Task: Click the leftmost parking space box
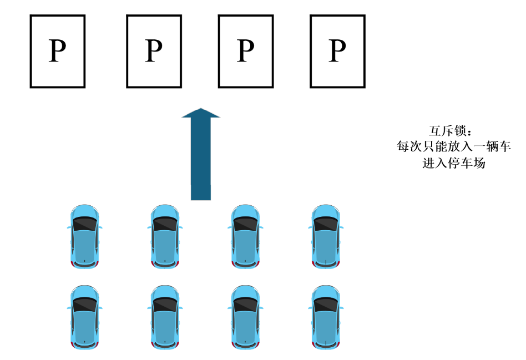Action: click(x=57, y=51)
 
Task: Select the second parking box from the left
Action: click(x=154, y=51)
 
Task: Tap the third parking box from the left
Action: click(x=245, y=51)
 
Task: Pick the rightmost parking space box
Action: click(x=337, y=51)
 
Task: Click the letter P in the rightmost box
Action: click(x=337, y=51)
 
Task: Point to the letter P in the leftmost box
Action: click(x=57, y=51)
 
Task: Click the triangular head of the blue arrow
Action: click(x=201, y=113)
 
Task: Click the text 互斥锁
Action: click(x=450, y=131)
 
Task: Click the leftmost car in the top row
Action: click(x=84, y=236)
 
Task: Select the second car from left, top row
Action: click(x=165, y=236)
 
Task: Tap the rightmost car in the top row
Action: click(x=326, y=236)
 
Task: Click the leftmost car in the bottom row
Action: click(x=84, y=317)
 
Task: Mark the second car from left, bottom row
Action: click(x=165, y=317)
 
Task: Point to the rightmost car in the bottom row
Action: click(x=326, y=317)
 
